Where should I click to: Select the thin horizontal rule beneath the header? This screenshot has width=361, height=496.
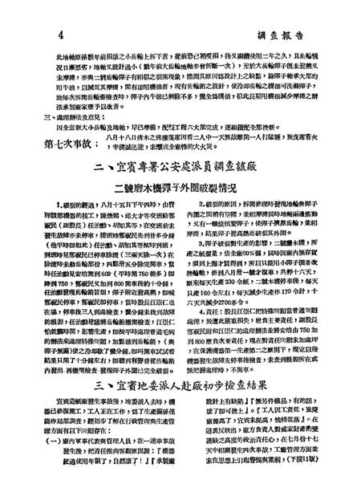click(180, 26)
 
